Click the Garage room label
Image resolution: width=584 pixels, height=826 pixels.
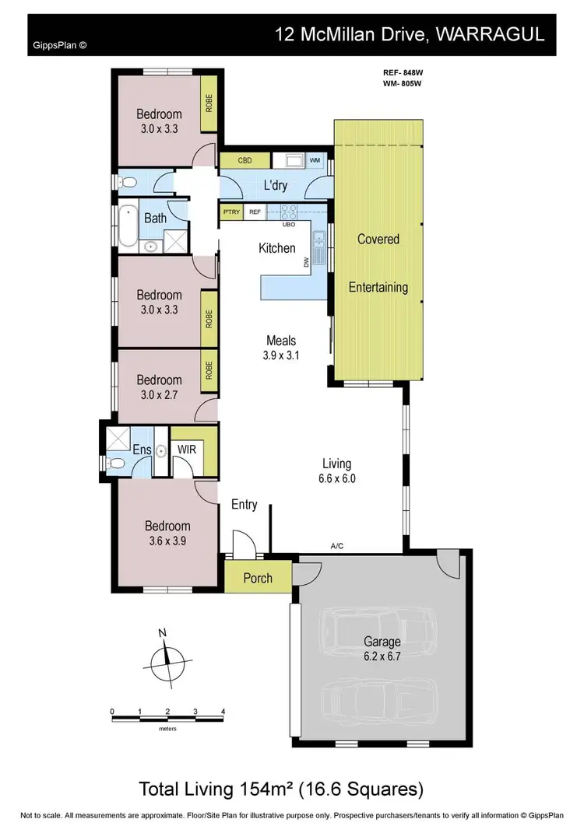coord(382,642)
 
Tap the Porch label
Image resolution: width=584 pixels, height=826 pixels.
coord(258,578)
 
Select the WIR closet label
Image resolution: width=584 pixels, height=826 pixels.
coord(187,450)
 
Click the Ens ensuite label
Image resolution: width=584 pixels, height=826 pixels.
coord(141,450)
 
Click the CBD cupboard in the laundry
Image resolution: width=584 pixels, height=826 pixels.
coord(245,161)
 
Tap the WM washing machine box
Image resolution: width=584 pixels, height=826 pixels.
coord(315,161)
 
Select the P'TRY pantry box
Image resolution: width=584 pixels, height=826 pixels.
coord(231,212)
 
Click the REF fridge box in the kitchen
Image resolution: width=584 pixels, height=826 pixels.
coord(255,212)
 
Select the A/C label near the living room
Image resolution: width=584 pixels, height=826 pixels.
coord(337,547)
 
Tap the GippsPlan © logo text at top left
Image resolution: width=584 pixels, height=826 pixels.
coord(60,45)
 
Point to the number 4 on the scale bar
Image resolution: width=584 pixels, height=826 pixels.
coord(223,712)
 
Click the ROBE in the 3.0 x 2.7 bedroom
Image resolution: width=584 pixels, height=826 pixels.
coord(209,369)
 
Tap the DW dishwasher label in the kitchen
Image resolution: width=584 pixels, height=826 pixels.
coord(307,263)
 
